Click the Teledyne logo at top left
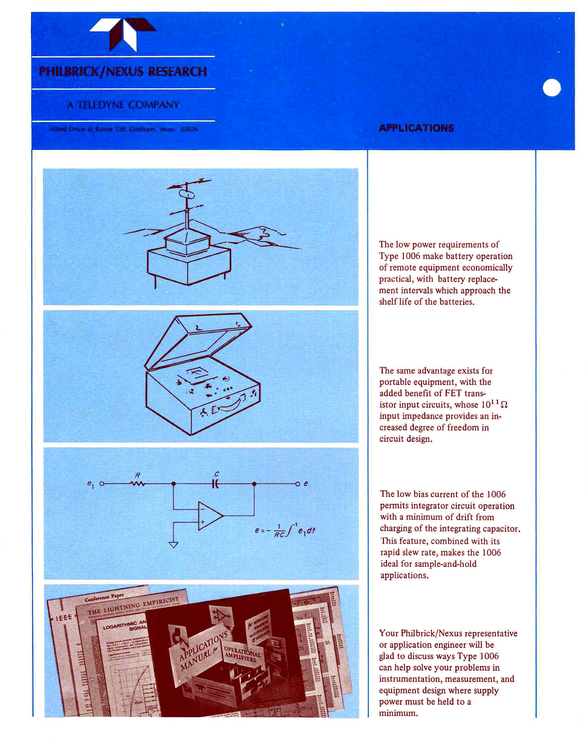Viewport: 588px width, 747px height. [x=123, y=35]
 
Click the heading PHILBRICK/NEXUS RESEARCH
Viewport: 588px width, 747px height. [x=123, y=72]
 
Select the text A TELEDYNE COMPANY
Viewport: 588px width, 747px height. [x=123, y=105]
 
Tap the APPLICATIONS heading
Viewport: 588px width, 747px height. [x=416, y=128]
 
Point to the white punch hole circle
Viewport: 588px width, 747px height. [x=552, y=87]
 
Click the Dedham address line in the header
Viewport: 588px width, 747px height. [x=123, y=129]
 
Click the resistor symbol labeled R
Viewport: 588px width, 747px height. [x=138, y=483]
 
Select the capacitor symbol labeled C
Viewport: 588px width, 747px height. [x=216, y=483]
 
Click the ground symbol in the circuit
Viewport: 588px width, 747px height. [x=173, y=544]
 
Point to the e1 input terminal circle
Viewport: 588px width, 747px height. [x=102, y=483]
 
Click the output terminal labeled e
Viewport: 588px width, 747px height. [x=298, y=484]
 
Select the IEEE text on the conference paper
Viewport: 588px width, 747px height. [x=64, y=618]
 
